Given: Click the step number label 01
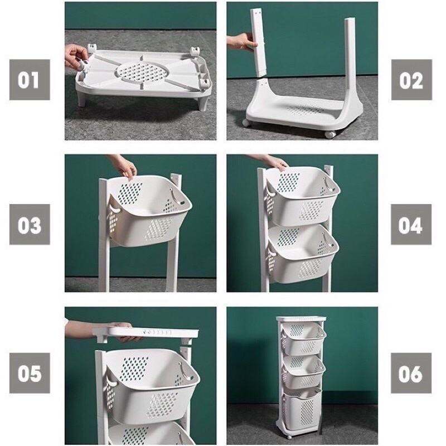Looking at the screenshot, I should [30, 80].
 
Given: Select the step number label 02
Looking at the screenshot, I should [411, 80].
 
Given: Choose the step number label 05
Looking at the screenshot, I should [30, 372].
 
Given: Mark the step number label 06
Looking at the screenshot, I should [411, 372].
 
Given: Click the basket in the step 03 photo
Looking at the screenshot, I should [148, 209].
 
